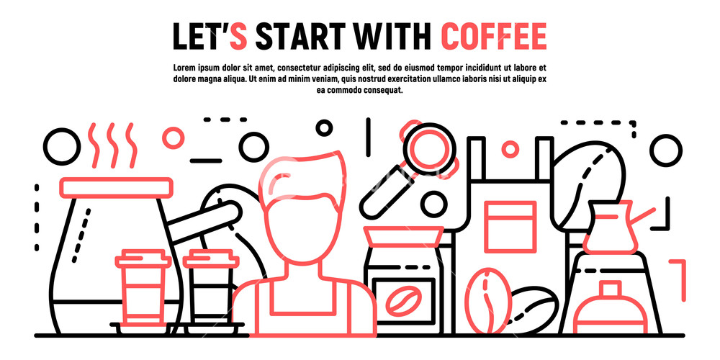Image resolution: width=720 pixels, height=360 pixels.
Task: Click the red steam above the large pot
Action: [112, 144]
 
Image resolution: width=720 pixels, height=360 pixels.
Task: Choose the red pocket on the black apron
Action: [510, 222]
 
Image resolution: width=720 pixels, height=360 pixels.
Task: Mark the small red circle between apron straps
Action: [510, 149]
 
